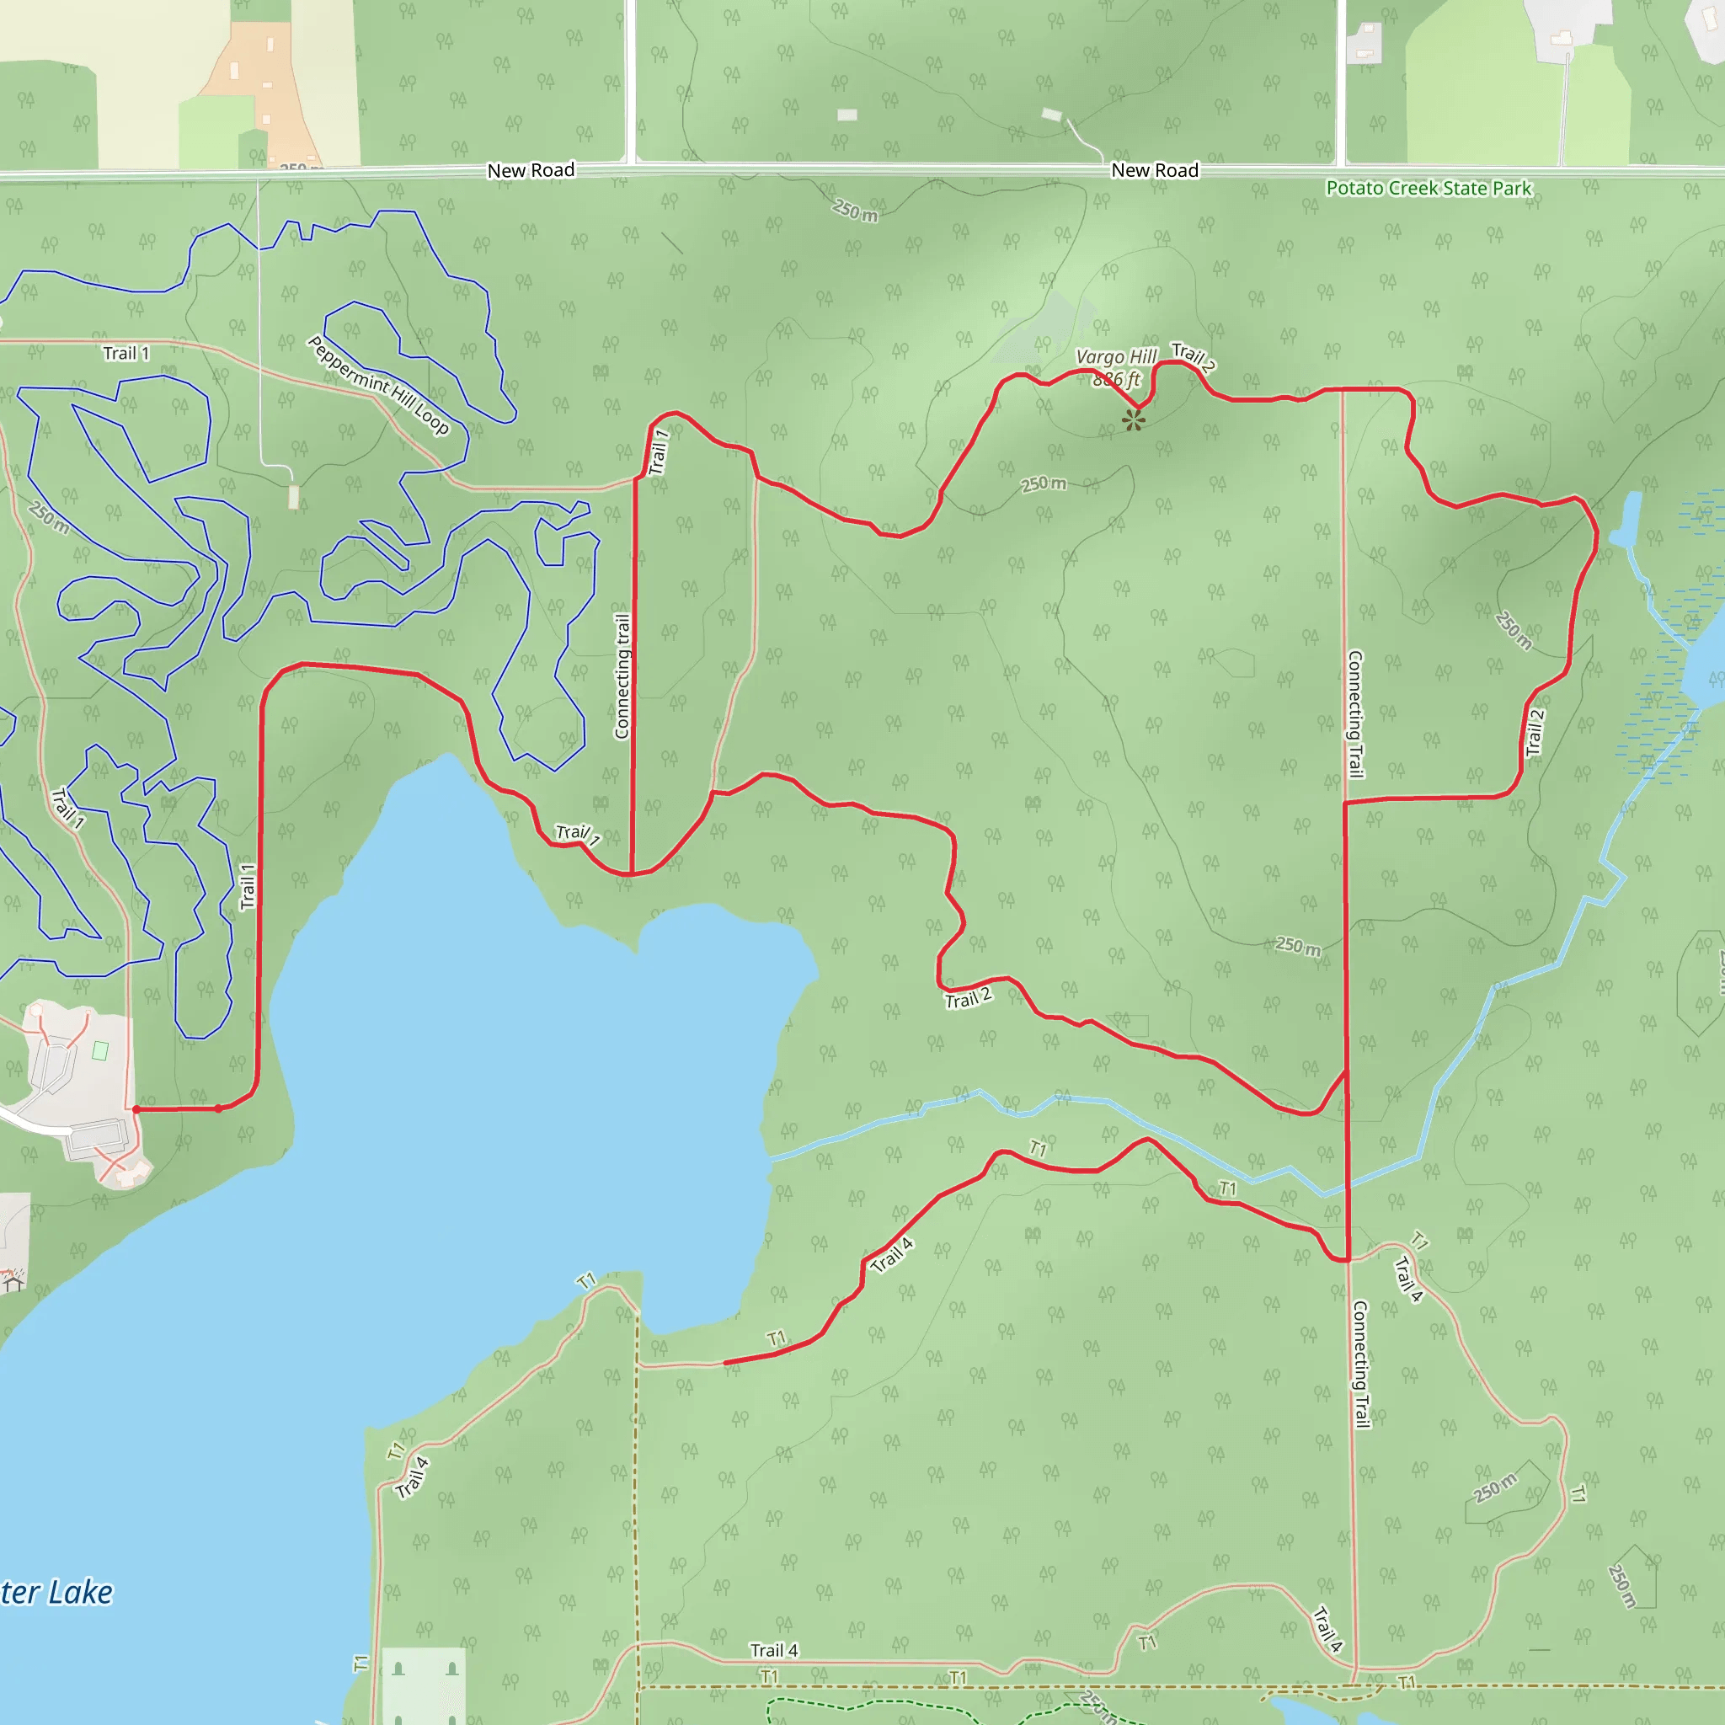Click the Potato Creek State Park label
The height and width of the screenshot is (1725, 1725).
click(1428, 189)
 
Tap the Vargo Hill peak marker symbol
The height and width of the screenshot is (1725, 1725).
click(1133, 420)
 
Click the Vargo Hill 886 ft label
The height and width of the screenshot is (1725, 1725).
click(1115, 367)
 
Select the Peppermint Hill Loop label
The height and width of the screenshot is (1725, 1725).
click(378, 385)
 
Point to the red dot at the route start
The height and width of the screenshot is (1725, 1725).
click(136, 1109)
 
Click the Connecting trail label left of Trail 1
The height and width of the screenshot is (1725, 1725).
click(622, 676)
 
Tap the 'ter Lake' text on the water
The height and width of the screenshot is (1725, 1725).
click(56, 1592)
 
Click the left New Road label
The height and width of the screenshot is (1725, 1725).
click(531, 170)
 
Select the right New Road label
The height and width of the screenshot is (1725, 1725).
click(1155, 170)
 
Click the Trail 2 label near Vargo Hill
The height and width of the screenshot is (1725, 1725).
click(1193, 357)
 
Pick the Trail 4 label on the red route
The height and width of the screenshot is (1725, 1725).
click(892, 1254)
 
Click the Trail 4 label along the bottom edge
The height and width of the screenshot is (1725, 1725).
click(773, 1650)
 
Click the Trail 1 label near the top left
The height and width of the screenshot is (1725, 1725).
click(126, 354)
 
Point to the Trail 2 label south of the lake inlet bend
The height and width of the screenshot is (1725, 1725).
click(968, 998)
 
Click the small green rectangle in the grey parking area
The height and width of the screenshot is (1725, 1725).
click(101, 1051)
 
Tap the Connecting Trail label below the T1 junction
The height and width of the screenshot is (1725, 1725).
click(1359, 1365)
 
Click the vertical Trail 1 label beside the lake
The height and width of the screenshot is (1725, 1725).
click(248, 887)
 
